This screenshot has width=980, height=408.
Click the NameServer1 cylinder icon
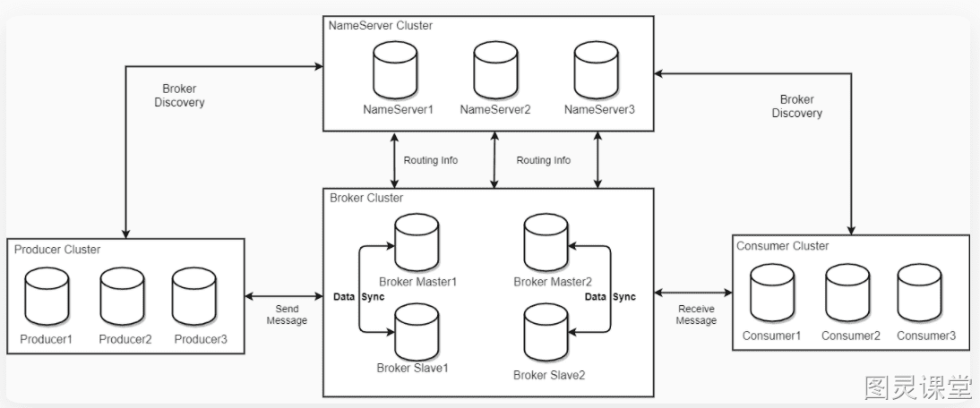coord(395,71)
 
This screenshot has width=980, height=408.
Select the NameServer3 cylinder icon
coord(597,71)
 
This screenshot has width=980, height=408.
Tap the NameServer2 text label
coord(495,110)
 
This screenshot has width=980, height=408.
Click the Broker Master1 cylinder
coord(417,242)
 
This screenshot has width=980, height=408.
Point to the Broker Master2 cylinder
coord(546,242)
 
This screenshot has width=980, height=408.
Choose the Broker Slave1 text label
coord(413,368)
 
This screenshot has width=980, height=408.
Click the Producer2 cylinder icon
coord(123,296)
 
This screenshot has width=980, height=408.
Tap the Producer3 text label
coord(201,339)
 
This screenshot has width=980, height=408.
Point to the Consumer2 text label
coord(851,336)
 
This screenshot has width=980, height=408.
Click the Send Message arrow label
coord(287,314)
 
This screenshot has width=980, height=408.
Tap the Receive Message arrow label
coord(696,314)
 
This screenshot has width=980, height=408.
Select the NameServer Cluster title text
coord(381,26)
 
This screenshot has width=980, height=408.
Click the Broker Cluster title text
coord(366,198)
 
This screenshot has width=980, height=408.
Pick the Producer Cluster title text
coord(57,250)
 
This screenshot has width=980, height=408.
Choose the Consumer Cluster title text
coord(783,246)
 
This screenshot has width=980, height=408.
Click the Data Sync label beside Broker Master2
coord(610,297)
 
